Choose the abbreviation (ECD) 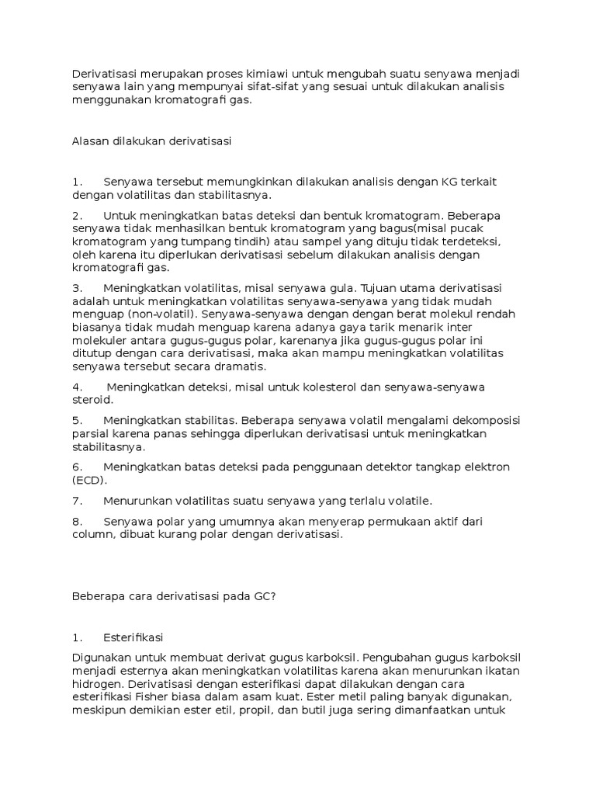[88, 480]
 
